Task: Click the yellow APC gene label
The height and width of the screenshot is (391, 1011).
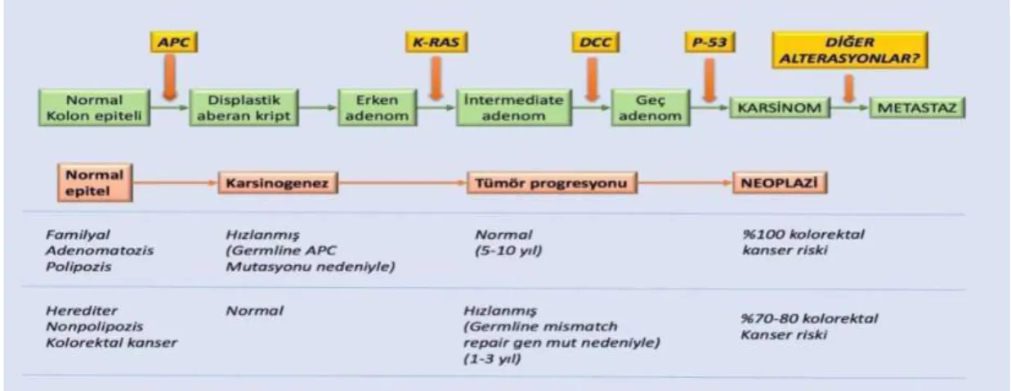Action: click(174, 42)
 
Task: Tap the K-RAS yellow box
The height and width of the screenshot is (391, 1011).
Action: click(436, 42)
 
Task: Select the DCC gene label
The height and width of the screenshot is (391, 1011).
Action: click(595, 42)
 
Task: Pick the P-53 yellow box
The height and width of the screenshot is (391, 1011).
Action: click(709, 42)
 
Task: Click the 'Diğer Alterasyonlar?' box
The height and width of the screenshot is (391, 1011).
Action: click(850, 50)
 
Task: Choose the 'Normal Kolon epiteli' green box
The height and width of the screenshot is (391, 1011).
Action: click(94, 107)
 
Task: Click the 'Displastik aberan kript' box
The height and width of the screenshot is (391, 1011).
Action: click(244, 107)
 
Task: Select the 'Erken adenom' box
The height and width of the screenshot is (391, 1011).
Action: click(378, 107)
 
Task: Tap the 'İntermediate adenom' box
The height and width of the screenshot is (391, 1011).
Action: click(514, 107)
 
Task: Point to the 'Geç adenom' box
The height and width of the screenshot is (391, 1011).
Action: click(651, 107)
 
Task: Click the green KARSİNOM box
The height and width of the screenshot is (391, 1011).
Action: click(780, 108)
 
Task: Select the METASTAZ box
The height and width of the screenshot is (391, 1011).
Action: click(917, 108)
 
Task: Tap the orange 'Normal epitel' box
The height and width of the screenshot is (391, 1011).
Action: click(95, 182)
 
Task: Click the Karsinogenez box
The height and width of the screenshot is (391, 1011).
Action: click(278, 183)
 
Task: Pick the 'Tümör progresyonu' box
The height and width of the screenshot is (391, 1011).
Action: click(552, 183)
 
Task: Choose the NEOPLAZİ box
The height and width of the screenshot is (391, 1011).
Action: click(780, 183)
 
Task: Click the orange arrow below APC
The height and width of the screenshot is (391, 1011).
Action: click(170, 77)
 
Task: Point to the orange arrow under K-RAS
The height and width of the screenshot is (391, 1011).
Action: click(436, 78)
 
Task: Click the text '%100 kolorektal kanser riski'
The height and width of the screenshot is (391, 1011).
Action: click(803, 242)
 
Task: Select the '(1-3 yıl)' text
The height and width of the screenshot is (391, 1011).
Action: click(492, 359)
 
